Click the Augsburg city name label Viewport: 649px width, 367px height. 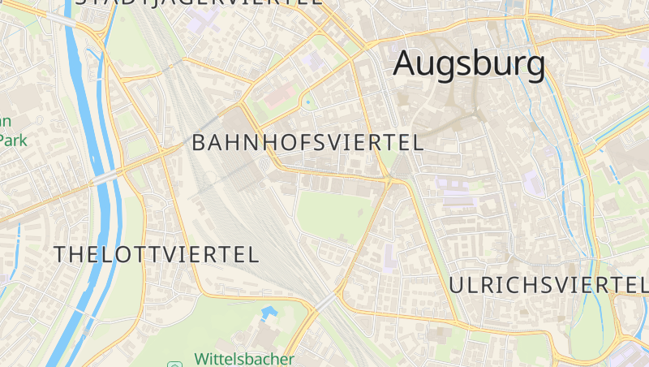point(469,64)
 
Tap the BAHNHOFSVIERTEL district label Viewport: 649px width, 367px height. point(307,143)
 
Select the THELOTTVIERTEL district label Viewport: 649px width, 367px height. point(157,254)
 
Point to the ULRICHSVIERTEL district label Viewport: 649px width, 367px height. point(548,285)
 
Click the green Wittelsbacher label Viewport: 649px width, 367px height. point(243,359)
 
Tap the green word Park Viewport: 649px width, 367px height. point(14,140)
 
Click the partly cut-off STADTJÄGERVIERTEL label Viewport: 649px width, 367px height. point(199,2)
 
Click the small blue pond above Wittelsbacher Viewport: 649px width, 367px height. point(268,312)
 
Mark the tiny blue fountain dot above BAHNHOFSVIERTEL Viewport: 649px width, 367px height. point(307,102)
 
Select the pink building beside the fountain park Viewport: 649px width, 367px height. point(278,97)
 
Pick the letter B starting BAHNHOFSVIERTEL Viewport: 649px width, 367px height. point(200,143)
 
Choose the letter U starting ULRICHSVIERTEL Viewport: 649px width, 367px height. point(456,285)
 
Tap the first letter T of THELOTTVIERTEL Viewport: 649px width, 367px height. point(60,254)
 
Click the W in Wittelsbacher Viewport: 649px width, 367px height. point(202,359)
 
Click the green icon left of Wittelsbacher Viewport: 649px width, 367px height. point(174,363)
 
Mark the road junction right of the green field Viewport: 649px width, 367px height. point(389,183)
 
